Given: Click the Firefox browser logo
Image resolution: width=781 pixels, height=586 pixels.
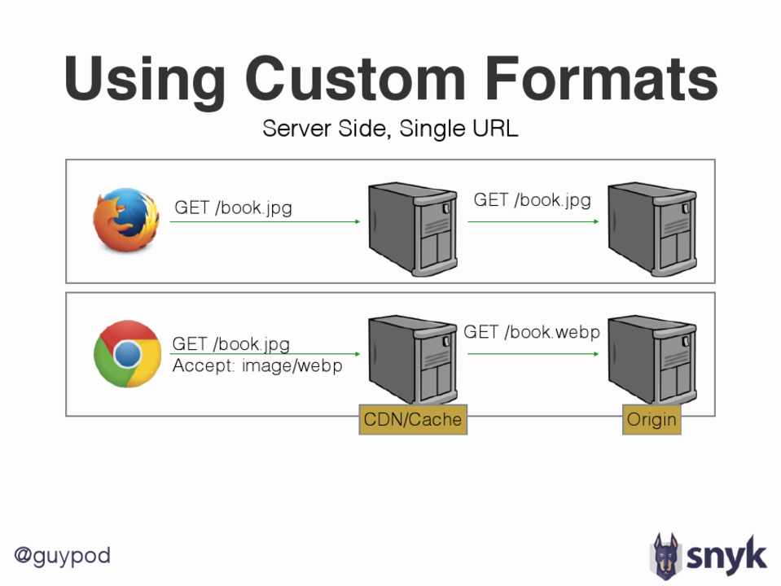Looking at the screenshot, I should tap(125, 218).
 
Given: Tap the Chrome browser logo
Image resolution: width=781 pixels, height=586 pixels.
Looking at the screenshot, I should tap(126, 353).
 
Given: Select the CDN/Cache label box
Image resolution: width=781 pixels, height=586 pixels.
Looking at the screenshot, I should tap(413, 420).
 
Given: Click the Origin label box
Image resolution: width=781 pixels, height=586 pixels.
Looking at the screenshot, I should tap(652, 420).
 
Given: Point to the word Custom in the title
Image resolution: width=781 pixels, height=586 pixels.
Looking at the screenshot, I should tap(355, 80).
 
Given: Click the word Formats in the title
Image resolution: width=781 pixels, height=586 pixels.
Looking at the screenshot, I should tap(601, 80).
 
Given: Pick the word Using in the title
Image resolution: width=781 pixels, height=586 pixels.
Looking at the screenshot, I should tap(145, 80).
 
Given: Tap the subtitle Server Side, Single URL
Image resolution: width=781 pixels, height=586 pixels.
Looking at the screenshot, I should tap(390, 129).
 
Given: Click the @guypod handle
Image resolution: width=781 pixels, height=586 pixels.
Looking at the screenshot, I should tap(62, 556).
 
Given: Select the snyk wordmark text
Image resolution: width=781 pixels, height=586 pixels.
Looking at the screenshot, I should tap(727, 556).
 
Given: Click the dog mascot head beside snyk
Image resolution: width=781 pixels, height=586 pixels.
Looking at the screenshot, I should tap(665, 555).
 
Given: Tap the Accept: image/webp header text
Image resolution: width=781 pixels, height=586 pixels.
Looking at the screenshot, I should tap(257, 366).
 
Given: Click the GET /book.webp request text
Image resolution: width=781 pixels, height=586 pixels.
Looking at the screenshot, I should tap(532, 332).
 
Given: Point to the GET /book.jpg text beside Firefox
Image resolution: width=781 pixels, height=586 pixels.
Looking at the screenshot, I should tap(233, 208).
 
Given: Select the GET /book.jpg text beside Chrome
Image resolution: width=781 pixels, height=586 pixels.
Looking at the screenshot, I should tap(231, 344).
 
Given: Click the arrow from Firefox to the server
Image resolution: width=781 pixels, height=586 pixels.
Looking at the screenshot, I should tap(265, 221).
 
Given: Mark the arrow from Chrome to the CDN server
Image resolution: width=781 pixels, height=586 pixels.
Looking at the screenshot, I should tap(265, 354).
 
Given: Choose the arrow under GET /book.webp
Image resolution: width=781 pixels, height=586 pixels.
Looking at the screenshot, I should tap(533, 354).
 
